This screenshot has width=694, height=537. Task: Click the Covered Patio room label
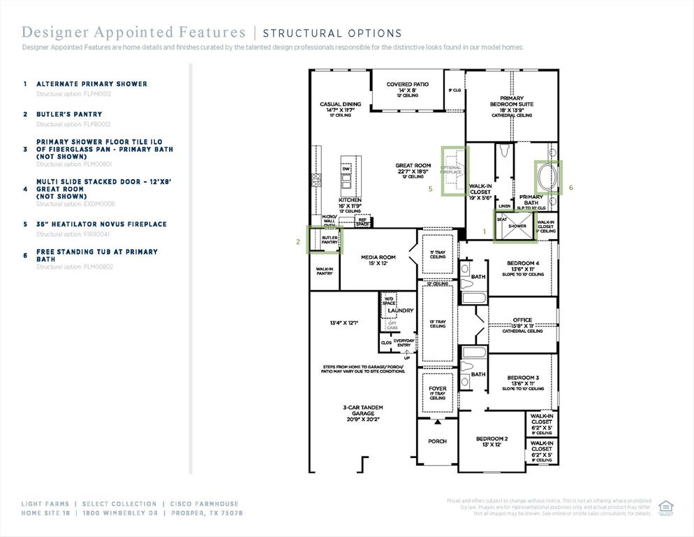point(408,85)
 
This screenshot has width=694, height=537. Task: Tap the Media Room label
point(378,257)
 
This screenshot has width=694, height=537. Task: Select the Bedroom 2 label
point(492,438)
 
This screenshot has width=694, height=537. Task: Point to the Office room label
point(522,320)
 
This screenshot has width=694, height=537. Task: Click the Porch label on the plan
point(437,441)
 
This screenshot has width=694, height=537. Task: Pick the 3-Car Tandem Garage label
point(362,410)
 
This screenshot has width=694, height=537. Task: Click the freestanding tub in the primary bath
point(548,178)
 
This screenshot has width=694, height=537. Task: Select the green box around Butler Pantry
point(325,238)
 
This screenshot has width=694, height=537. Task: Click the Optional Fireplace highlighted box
point(452,171)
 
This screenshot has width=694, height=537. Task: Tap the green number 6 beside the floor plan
point(570,187)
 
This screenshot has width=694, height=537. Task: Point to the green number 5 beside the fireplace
point(431,188)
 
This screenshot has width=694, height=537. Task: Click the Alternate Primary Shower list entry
point(91,84)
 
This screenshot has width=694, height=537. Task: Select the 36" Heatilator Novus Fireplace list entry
point(101,224)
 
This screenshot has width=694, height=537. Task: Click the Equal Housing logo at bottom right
point(665,506)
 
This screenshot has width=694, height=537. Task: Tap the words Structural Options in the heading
point(332,33)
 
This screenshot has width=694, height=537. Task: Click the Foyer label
point(437,389)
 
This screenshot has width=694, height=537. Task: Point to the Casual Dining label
point(341,104)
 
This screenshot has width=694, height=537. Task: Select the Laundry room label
point(401,310)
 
